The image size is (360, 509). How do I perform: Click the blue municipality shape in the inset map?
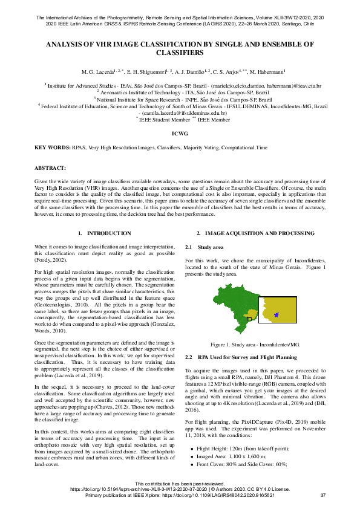pyautogui.click(x=276, y=314)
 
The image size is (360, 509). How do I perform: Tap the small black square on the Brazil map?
pyautogui.click(x=249, y=318)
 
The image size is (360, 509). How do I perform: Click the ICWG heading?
pyautogui.click(x=180, y=132)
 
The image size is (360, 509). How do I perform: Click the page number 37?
pyautogui.click(x=322, y=495)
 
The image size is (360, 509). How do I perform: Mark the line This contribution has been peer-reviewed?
pyautogui.click(x=180, y=484)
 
